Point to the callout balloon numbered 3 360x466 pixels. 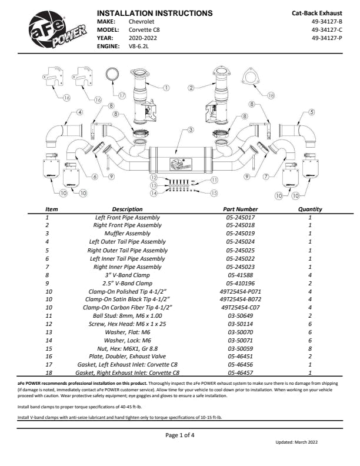[190, 129]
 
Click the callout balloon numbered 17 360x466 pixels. [122, 95]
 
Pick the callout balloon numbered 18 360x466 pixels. [271, 95]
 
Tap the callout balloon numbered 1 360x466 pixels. [166, 88]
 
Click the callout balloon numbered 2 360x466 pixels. [191, 88]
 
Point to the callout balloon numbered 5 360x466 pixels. [311, 112]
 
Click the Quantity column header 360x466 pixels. [310, 209]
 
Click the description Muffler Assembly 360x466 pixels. [127, 234]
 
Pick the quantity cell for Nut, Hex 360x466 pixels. [310, 349]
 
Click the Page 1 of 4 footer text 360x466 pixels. [180, 435]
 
